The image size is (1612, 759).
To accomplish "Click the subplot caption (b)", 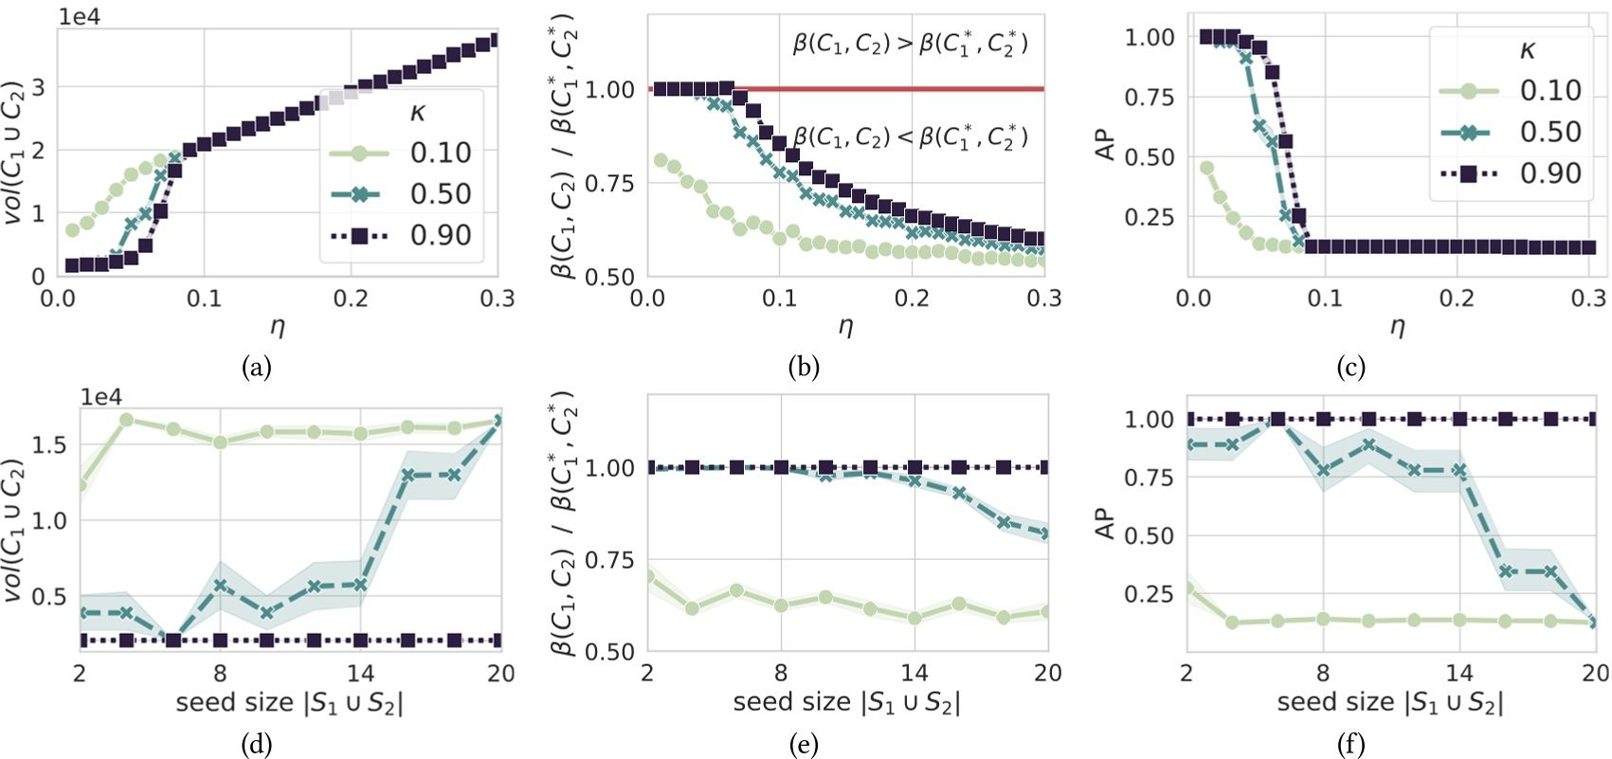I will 804,367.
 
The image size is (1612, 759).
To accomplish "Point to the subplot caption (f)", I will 1350,745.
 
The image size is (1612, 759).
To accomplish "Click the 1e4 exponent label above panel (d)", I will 101,398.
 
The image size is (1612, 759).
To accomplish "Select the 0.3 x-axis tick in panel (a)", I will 497,299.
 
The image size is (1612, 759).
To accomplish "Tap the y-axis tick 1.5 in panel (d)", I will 50,444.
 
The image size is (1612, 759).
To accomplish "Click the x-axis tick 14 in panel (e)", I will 915,673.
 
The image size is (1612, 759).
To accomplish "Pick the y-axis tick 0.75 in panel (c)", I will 1150,97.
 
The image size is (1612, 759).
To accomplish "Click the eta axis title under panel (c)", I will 1397,327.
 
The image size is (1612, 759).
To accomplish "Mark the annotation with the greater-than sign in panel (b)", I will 910,44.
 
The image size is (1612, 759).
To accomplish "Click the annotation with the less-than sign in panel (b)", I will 910,137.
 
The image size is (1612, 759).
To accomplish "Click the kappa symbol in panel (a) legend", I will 417,113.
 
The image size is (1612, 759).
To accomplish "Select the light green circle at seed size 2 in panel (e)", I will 648,575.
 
